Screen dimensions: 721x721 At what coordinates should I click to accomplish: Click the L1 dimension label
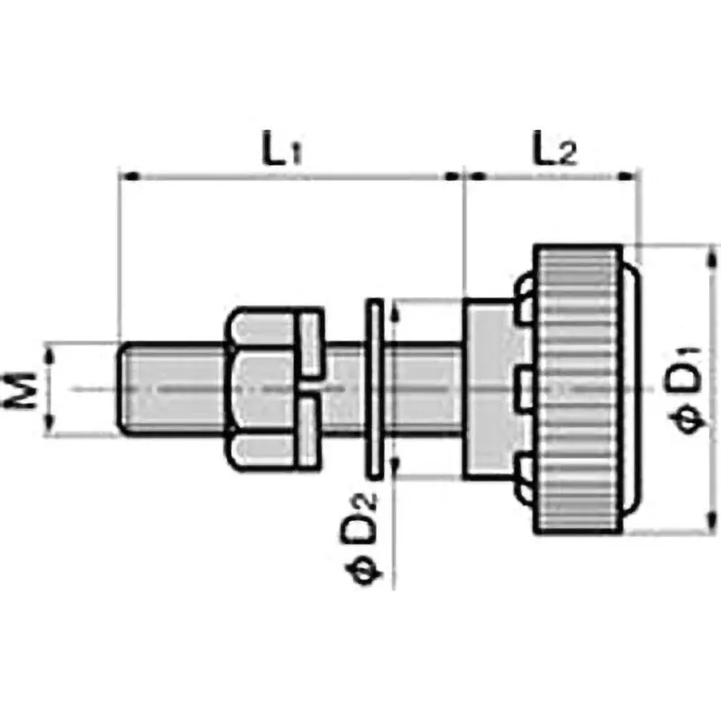[281, 149]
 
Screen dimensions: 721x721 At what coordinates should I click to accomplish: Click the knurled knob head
[581, 388]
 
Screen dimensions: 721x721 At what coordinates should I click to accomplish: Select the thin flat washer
[372, 388]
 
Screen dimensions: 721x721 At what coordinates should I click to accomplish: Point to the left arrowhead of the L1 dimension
[129, 176]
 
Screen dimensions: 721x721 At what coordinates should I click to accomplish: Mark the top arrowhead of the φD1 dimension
[703, 252]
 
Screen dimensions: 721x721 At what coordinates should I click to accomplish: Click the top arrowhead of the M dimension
[51, 351]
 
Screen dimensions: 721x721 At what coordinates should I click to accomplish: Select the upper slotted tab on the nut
[310, 343]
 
